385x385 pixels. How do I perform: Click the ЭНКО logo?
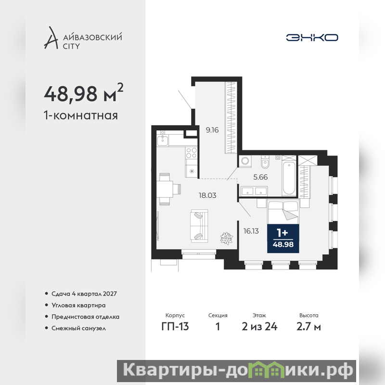(x=312, y=38)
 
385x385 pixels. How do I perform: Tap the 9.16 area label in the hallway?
(x=212, y=130)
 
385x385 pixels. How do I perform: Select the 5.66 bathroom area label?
(x=260, y=177)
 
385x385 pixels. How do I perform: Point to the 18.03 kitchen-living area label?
(x=207, y=195)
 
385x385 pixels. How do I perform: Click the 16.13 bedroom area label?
(x=251, y=231)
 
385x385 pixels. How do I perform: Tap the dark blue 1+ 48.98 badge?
(x=283, y=238)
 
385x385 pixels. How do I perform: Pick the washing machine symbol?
(x=245, y=161)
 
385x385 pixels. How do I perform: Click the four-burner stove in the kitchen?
(x=192, y=153)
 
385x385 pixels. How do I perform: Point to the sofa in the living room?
(x=199, y=226)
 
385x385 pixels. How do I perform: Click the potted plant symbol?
(x=226, y=238)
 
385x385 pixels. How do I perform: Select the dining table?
(x=165, y=189)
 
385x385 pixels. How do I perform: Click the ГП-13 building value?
(x=175, y=327)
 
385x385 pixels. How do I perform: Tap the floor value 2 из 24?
(x=259, y=327)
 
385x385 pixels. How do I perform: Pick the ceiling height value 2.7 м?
(x=308, y=327)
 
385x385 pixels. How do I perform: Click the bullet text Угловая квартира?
(x=78, y=306)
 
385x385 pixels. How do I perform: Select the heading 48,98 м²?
(x=84, y=93)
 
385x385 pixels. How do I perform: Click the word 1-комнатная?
(x=81, y=115)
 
